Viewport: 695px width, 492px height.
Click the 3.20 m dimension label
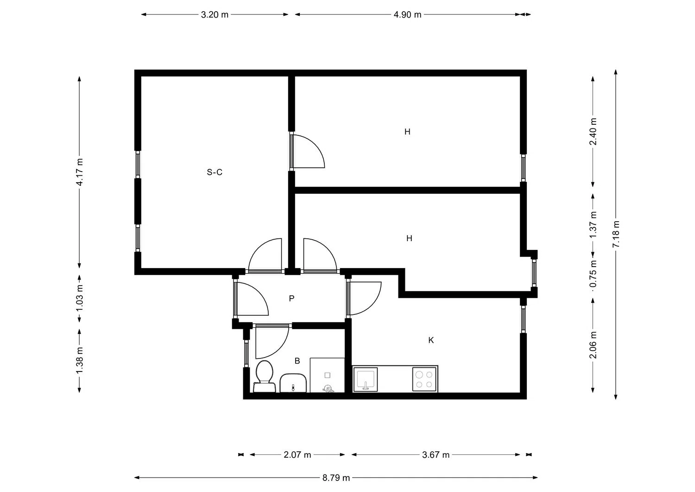coord(215,14)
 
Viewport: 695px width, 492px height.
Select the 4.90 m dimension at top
coord(407,14)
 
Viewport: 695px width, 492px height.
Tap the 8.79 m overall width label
coord(336,478)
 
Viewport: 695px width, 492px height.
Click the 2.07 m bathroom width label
coord(297,455)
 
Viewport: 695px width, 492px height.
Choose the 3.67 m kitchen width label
coord(436,455)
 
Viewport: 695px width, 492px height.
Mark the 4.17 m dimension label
coord(80,172)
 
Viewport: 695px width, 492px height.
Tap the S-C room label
coord(215,173)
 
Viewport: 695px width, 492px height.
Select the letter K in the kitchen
coord(431,340)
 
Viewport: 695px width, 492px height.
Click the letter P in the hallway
coord(291,299)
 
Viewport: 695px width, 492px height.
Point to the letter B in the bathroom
coord(297,361)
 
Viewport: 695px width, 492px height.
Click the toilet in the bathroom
coord(264,377)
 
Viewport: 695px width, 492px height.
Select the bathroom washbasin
coord(293,383)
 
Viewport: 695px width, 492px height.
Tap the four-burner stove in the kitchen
coord(425,379)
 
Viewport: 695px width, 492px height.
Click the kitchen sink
coord(366,379)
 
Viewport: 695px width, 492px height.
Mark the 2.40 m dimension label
coord(593,132)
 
